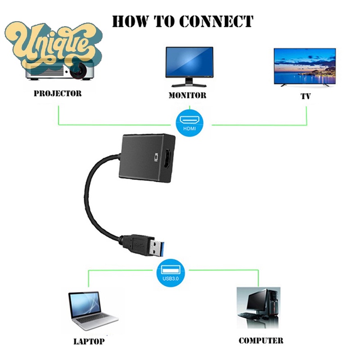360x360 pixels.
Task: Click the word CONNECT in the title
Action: tap(216, 21)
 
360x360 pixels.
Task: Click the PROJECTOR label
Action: tap(58, 94)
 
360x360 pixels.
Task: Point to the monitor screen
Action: tap(189, 62)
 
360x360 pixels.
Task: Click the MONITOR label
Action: tap(187, 95)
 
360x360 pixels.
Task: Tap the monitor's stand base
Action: tap(189, 85)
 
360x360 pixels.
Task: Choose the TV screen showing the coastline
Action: tap(305, 66)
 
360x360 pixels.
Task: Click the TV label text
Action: tap(306, 96)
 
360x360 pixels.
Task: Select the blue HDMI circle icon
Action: tap(189, 124)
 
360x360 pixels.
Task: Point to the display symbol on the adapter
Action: tap(157, 157)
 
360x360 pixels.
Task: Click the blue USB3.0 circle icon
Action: tap(171, 273)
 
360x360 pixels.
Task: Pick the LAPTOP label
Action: tap(89, 342)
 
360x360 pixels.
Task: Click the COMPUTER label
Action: tap(261, 341)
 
